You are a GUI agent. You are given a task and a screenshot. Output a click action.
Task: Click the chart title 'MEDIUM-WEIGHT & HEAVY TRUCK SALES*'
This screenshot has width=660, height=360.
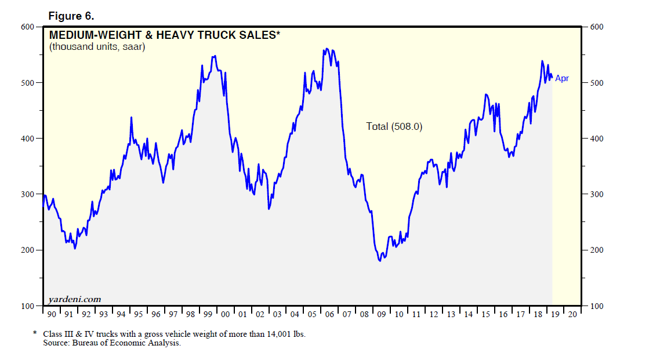coord(165,35)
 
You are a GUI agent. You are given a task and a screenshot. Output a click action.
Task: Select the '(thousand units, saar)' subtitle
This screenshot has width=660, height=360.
coord(97,47)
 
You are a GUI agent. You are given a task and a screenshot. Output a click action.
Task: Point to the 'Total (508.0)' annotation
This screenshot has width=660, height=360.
coord(394,126)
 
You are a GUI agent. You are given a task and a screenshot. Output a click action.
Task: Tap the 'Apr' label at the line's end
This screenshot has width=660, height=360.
coord(562,78)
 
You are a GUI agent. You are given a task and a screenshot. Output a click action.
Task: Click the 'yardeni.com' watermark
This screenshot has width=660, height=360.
coord(75,299)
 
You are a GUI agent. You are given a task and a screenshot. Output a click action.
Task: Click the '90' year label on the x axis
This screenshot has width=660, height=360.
coord(51,315)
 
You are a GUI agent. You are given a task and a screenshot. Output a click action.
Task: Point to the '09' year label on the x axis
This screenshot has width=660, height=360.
coord(381,315)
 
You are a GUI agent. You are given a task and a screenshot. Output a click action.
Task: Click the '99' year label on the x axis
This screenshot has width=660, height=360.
coord(208,315)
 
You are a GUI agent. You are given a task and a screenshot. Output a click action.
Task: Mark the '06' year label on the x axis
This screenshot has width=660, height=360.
coord(329,315)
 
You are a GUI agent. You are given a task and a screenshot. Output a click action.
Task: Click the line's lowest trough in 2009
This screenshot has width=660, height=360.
coord(380,261)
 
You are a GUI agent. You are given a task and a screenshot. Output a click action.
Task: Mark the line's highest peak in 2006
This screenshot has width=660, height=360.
coord(327,49)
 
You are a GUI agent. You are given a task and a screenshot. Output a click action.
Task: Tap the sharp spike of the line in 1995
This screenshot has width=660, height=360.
coord(132,118)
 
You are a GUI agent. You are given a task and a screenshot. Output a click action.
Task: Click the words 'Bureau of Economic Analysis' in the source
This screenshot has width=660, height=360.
coord(127,343)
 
